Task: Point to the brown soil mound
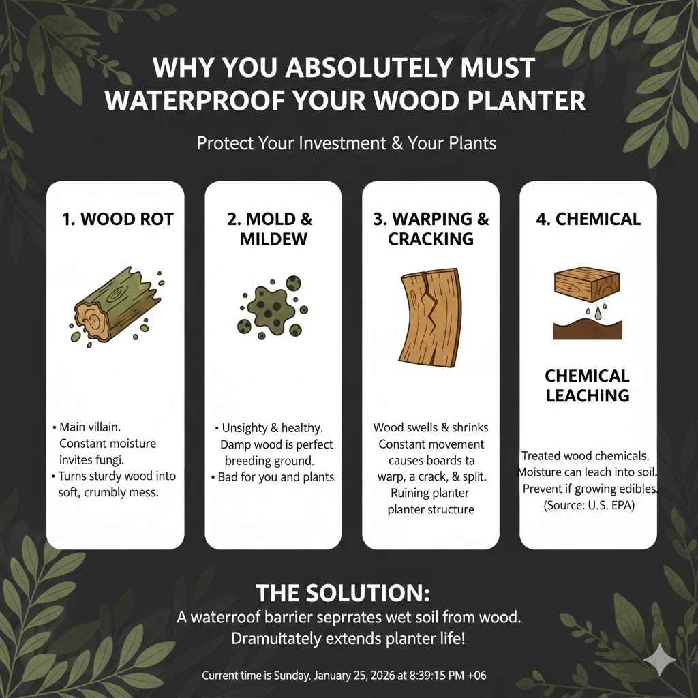(x=587, y=331)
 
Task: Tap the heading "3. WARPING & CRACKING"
(x=430, y=229)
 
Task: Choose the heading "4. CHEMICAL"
(x=588, y=219)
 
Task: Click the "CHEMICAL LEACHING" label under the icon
(x=587, y=386)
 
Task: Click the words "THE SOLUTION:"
(x=342, y=592)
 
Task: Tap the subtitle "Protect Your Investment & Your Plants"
(x=346, y=144)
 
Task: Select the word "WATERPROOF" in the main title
(x=198, y=100)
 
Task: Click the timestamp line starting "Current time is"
(x=344, y=676)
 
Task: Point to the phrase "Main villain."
(x=90, y=427)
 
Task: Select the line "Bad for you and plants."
(x=276, y=476)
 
